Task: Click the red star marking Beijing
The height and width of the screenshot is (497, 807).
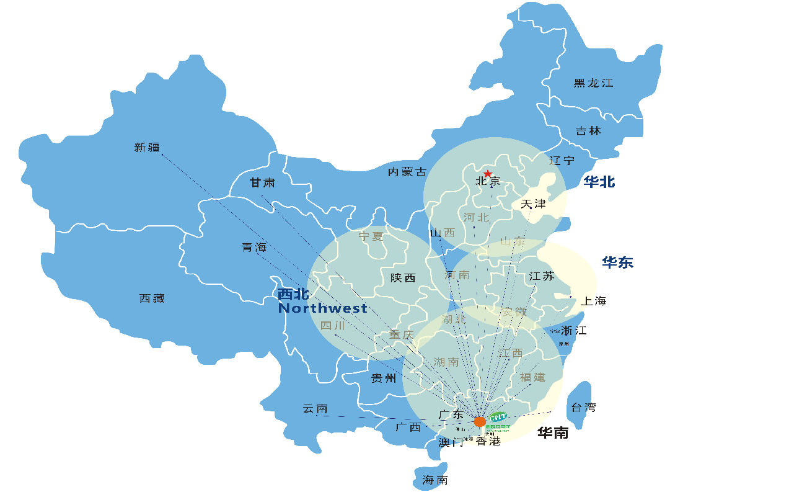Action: [488, 174]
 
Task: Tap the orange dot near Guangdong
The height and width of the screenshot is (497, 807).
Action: [480, 422]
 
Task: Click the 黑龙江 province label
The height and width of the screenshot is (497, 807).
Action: [593, 83]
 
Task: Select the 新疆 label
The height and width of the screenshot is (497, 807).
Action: [147, 148]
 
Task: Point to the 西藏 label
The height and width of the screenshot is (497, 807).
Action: [152, 298]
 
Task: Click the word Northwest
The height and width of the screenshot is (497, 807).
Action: [322, 308]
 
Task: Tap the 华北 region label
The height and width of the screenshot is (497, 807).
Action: [599, 182]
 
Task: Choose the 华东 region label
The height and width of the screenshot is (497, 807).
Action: [617, 262]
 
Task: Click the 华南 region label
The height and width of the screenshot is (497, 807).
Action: [553, 433]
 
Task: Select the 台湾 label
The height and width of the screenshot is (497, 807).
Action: [583, 408]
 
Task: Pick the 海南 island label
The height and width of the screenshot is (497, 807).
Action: [435, 480]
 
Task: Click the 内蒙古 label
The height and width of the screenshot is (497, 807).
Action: [407, 172]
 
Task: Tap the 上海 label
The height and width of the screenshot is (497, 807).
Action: [593, 302]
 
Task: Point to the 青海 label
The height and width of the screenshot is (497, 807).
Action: [254, 247]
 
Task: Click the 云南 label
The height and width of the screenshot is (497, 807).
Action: [315, 409]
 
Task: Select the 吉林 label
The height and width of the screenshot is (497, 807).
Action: [588, 131]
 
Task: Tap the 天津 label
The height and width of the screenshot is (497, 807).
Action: [533, 204]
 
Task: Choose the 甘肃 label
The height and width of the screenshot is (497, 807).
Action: [262, 183]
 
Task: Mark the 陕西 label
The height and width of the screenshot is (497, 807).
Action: [403, 278]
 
